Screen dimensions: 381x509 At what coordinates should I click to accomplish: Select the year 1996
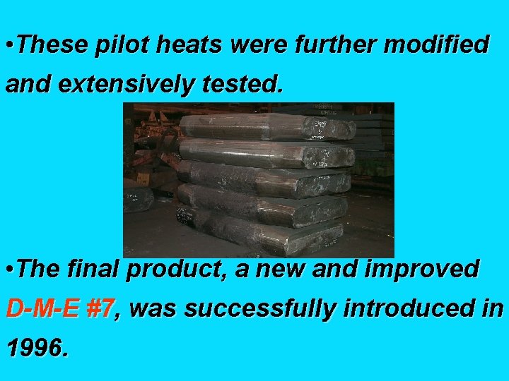tap(37, 348)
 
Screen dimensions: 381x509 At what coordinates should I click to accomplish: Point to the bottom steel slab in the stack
tap(262, 237)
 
